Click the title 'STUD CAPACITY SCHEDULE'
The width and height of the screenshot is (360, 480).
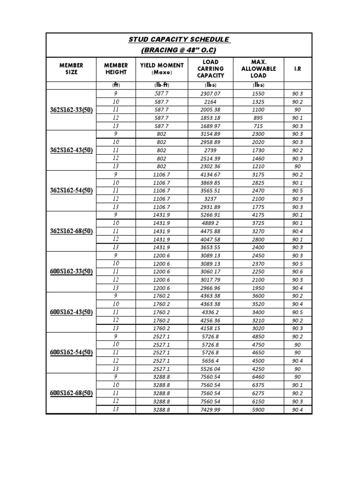point(179,40)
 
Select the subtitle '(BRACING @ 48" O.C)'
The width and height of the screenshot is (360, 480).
point(179,50)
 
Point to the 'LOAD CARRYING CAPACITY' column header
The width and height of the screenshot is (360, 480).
point(210,68)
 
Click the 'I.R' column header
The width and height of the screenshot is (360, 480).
point(297,68)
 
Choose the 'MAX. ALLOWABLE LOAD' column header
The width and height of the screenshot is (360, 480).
point(258,68)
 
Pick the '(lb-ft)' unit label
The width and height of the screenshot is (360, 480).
point(162,85)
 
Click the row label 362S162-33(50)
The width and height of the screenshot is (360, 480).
point(71,110)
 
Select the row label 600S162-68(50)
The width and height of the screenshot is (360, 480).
point(71,393)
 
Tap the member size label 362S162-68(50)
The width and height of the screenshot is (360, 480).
point(71,231)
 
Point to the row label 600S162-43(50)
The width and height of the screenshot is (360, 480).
point(71,312)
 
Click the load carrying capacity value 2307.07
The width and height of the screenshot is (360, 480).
point(210,94)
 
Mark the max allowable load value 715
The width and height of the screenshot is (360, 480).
point(258,126)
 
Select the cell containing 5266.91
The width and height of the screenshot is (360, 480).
point(210,215)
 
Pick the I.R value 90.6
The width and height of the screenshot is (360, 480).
point(297,272)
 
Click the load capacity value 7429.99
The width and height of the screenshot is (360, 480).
point(210,410)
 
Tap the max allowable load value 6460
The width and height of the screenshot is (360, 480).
point(258,377)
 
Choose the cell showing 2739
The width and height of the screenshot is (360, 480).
point(210,150)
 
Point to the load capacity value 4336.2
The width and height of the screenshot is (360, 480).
point(210,312)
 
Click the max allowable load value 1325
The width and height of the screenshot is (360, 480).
point(258,102)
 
